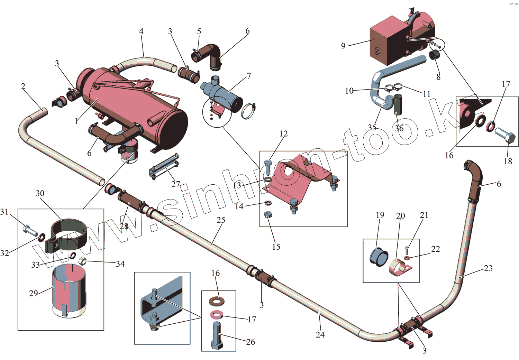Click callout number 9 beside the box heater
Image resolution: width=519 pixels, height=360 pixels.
coord(343,46)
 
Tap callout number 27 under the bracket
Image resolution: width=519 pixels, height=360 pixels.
coord(176,184)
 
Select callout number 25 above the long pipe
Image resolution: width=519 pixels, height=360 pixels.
coord(221,220)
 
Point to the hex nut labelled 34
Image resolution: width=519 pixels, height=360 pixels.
coord(82,261)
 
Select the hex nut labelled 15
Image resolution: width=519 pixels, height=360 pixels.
coord(267,215)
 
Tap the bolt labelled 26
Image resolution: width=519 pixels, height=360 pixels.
coord(216,335)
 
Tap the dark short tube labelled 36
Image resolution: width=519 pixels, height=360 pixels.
coord(398,104)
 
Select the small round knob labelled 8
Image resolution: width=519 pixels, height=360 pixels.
coord(434,55)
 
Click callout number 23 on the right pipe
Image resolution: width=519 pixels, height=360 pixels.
coord(488,268)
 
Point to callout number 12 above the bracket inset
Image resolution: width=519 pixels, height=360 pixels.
coord(283,134)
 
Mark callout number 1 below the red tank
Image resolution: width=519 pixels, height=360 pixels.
coord(76,121)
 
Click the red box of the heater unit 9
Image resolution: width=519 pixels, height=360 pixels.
coord(386,43)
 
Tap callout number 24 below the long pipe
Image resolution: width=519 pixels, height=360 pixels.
coord(320,334)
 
